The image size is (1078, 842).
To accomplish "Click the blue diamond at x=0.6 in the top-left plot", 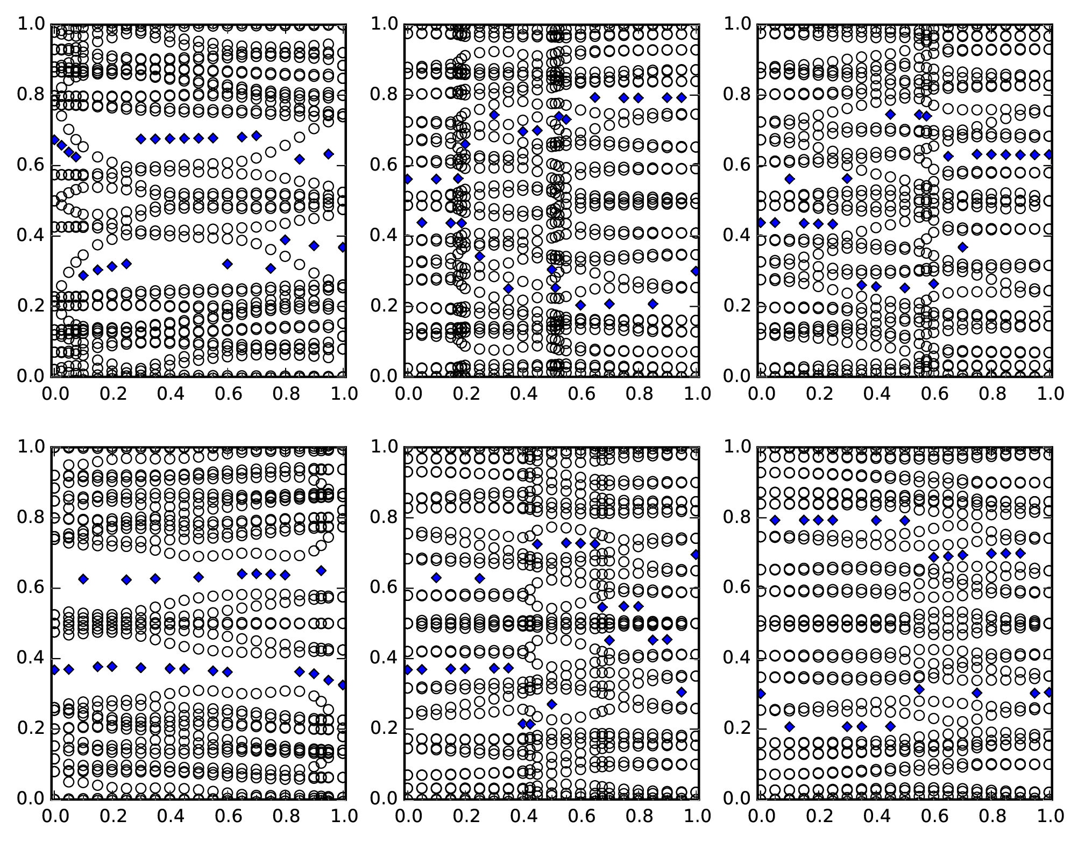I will [x=228, y=264].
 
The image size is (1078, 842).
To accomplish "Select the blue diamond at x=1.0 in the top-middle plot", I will [x=696, y=271].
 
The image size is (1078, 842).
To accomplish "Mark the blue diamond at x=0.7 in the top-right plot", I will [x=963, y=247].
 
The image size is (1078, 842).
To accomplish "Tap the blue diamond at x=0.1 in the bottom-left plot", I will [x=83, y=579].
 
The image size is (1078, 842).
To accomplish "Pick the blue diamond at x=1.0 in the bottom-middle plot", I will [x=696, y=554].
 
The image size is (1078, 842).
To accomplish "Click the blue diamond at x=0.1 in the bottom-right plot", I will [x=789, y=727].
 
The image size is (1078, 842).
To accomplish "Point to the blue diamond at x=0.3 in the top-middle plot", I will [x=494, y=115].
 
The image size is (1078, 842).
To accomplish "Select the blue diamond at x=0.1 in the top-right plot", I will [x=789, y=179].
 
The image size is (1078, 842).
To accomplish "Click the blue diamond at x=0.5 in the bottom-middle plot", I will [x=551, y=704].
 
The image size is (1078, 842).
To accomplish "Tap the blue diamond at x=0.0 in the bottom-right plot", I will [x=761, y=694].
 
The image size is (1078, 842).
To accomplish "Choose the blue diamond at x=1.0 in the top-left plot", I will [x=343, y=247].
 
